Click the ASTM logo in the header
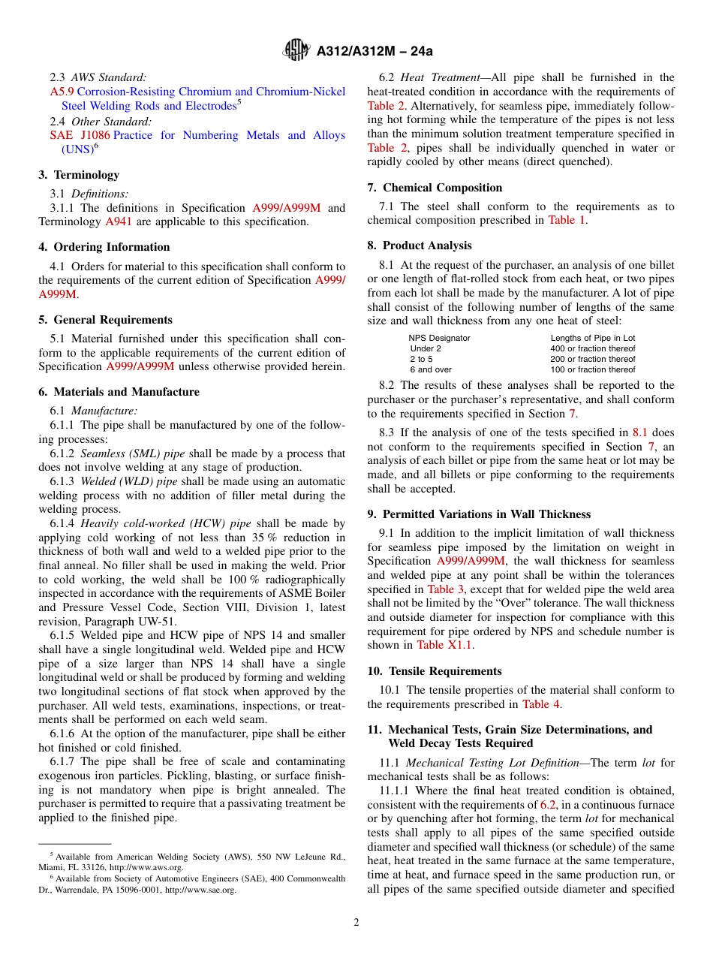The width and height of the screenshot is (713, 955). (x=296, y=50)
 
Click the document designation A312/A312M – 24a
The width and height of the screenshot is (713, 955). (x=375, y=51)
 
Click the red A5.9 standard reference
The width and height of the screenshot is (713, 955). (x=62, y=92)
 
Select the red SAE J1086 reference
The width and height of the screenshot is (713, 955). (x=80, y=135)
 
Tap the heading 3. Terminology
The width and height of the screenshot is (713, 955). (x=79, y=175)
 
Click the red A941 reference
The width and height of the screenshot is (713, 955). (x=117, y=221)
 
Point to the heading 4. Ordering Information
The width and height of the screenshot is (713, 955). (x=104, y=247)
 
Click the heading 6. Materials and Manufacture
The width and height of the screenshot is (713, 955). (x=119, y=392)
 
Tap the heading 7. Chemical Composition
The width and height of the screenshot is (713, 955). (x=435, y=188)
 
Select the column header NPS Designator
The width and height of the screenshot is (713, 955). (x=439, y=338)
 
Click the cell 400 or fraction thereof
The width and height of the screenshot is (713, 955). (x=592, y=348)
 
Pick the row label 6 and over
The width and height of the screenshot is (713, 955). (x=430, y=369)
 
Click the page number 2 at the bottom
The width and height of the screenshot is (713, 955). (x=356, y=923)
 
